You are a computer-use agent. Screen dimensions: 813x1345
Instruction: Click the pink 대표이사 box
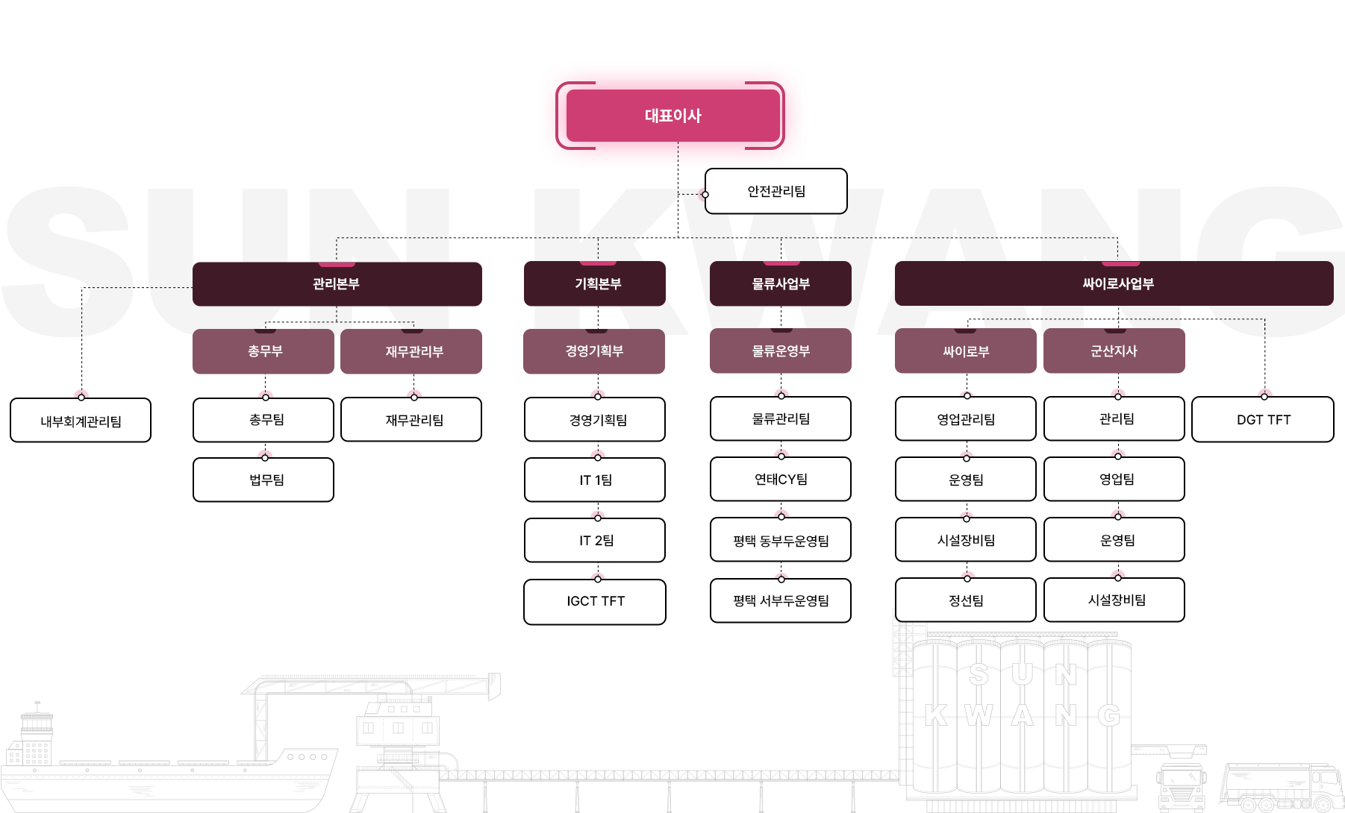[672, 116]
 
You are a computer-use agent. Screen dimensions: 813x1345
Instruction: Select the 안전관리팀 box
[776, 192]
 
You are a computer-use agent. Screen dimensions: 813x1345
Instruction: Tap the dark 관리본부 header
[337, 283]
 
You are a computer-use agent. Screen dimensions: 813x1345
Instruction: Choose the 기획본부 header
[594, 283]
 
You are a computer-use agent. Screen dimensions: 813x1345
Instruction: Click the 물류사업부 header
[780, 283]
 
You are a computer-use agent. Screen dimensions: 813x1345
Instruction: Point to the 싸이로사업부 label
[1117, 283]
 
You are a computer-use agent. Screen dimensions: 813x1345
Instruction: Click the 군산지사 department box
[1114, 351]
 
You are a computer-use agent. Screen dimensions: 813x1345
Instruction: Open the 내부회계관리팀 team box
[81, 421]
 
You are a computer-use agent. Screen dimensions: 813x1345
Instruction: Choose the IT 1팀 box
[595, 480]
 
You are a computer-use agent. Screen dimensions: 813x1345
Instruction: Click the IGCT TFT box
[595, 601]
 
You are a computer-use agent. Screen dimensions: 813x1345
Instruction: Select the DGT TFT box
[1263, 420]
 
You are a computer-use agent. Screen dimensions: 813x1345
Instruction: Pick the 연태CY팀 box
[780, 479]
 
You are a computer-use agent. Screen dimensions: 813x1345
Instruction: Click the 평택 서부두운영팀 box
[780, 600]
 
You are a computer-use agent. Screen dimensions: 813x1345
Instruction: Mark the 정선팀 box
[965, 600]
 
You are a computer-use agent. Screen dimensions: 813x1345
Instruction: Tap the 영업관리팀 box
[965, 419]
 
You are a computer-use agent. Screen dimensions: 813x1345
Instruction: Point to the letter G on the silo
[1109, 715]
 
